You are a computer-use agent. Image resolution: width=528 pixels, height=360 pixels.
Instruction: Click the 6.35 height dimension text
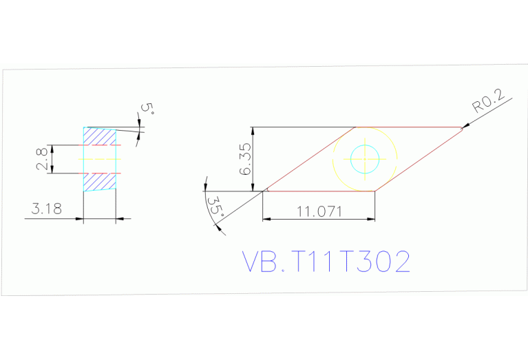point(244,159)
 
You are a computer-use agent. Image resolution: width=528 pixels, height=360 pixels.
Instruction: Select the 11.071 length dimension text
point(319,211)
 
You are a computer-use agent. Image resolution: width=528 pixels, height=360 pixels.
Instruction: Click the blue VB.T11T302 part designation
point(326,262)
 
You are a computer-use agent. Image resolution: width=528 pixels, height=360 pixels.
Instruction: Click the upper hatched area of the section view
point(100,136)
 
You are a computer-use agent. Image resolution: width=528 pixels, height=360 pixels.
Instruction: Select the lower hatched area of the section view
point(100,181)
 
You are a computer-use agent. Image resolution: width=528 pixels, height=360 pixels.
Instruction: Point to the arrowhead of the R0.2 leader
point(464,126)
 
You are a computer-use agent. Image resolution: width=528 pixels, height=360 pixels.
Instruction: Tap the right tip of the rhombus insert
point(463,128)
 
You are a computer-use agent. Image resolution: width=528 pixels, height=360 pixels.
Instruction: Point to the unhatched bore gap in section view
point(100,159)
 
